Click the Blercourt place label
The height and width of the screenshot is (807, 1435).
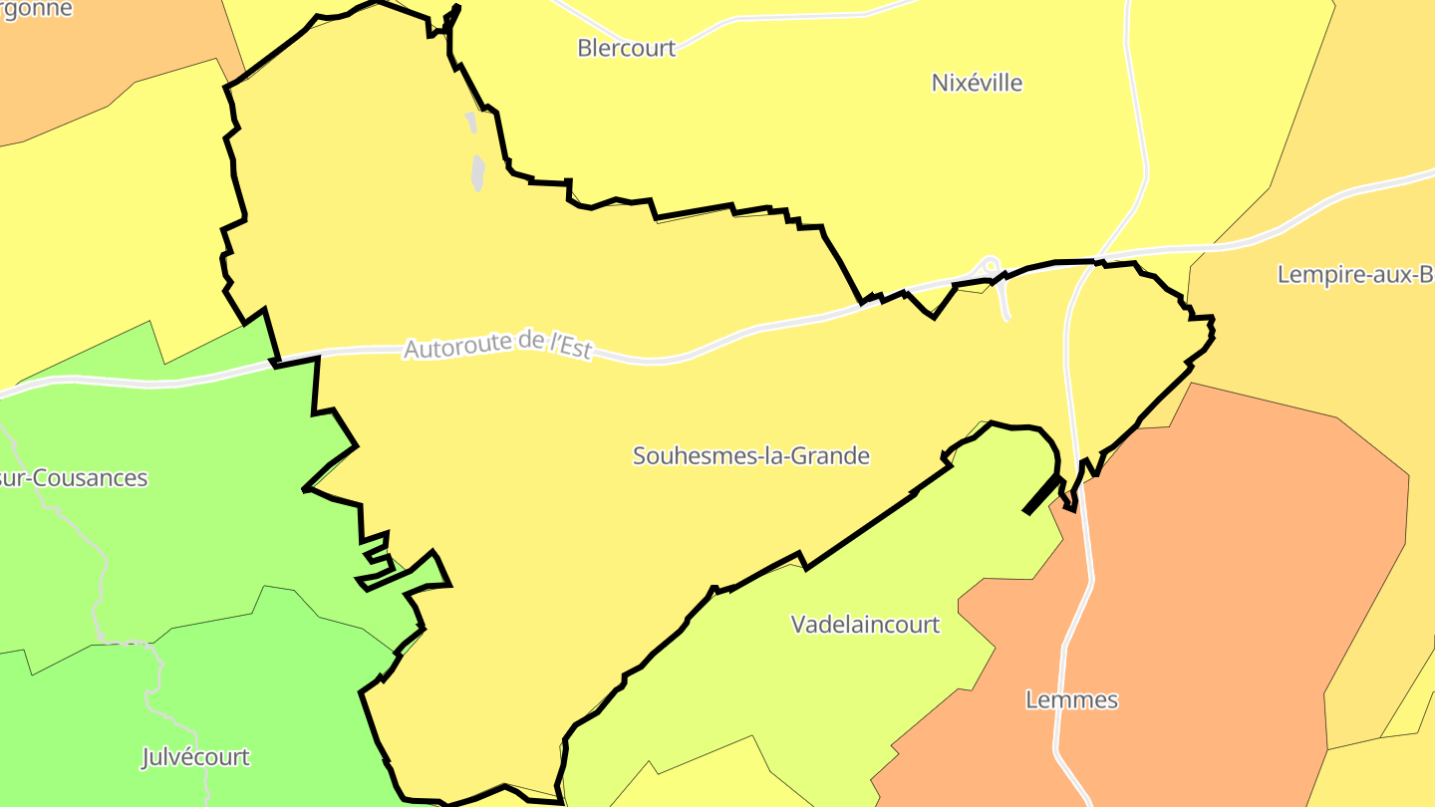[x=626, y=48]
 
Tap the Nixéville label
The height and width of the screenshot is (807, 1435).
[x=977, y=83]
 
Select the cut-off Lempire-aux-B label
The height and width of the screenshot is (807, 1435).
[x=1355, y=275]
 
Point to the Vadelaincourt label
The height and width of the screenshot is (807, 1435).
[x=865, y=625]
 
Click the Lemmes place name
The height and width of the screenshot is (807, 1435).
[x=1071, y=699]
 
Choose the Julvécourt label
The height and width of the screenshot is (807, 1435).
[x=195, y=757]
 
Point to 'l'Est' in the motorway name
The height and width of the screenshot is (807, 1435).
[x=569, y=345]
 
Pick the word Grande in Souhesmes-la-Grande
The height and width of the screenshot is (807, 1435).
[x=835, y=456]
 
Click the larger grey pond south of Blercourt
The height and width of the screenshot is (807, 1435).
[x=478, y=173]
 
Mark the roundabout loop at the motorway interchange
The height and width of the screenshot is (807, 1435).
[x=990, y=266]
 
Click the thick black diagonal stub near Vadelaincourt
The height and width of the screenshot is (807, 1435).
[x=1041, y=494]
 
